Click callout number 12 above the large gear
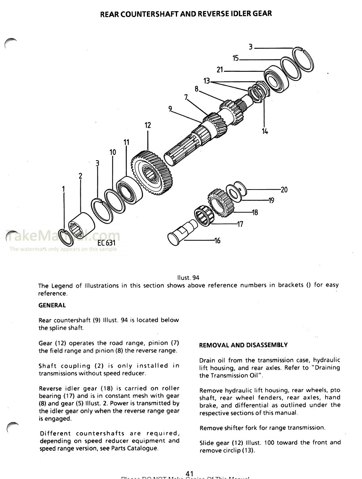[148, 125]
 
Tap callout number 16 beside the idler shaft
[217, 241]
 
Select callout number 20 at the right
[284, 190]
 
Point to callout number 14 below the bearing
[265, 131]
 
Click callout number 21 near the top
[220, 70]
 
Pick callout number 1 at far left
[64, 190]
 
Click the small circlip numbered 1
[65, 236]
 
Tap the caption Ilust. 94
[188, 278]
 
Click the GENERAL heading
[52, 305]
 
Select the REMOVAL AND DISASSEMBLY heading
[243, 345]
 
